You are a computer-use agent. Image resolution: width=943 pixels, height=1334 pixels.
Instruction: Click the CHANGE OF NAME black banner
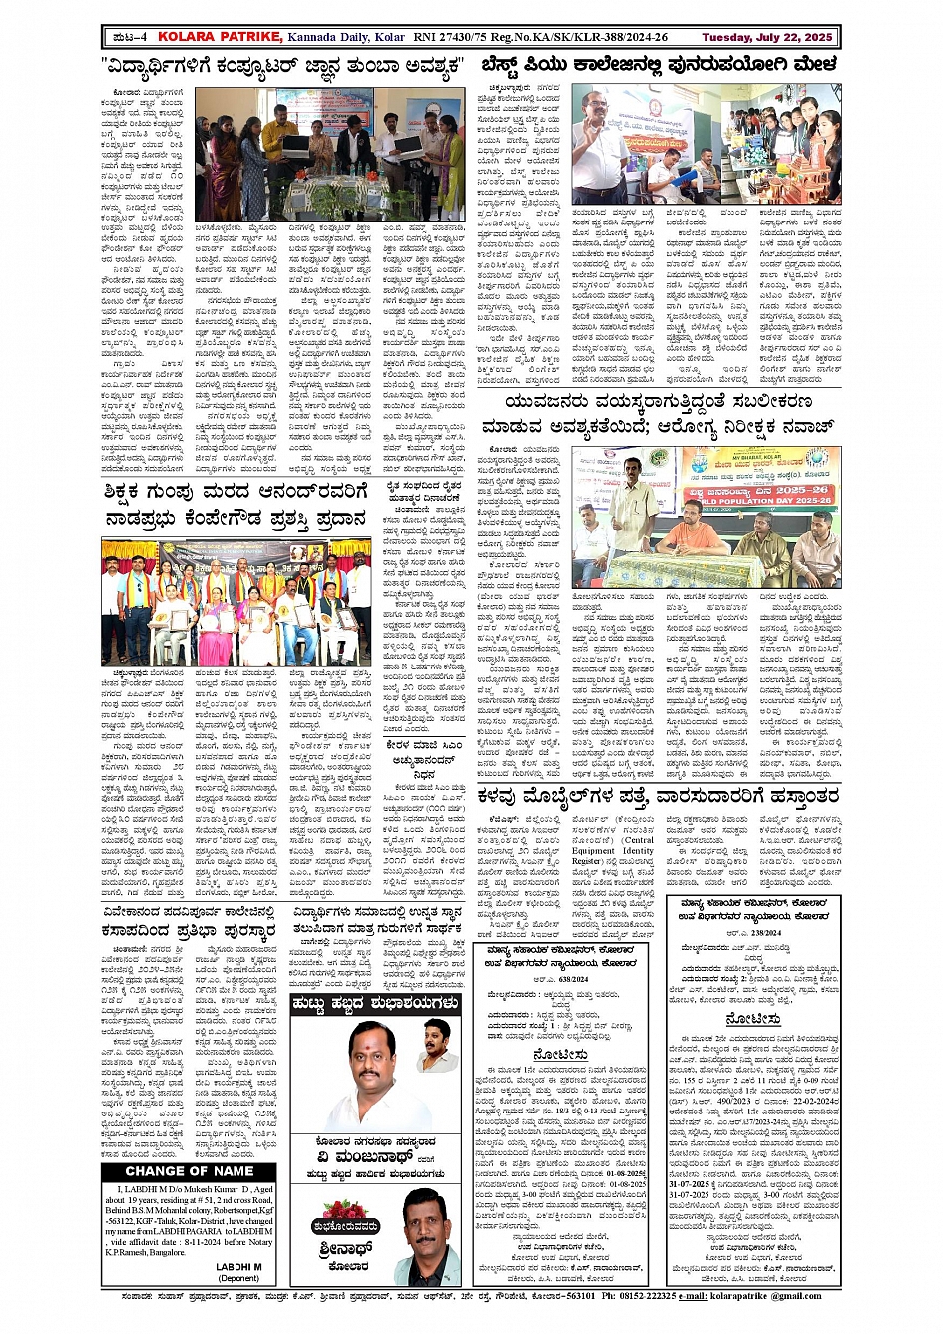(190, 1170)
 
